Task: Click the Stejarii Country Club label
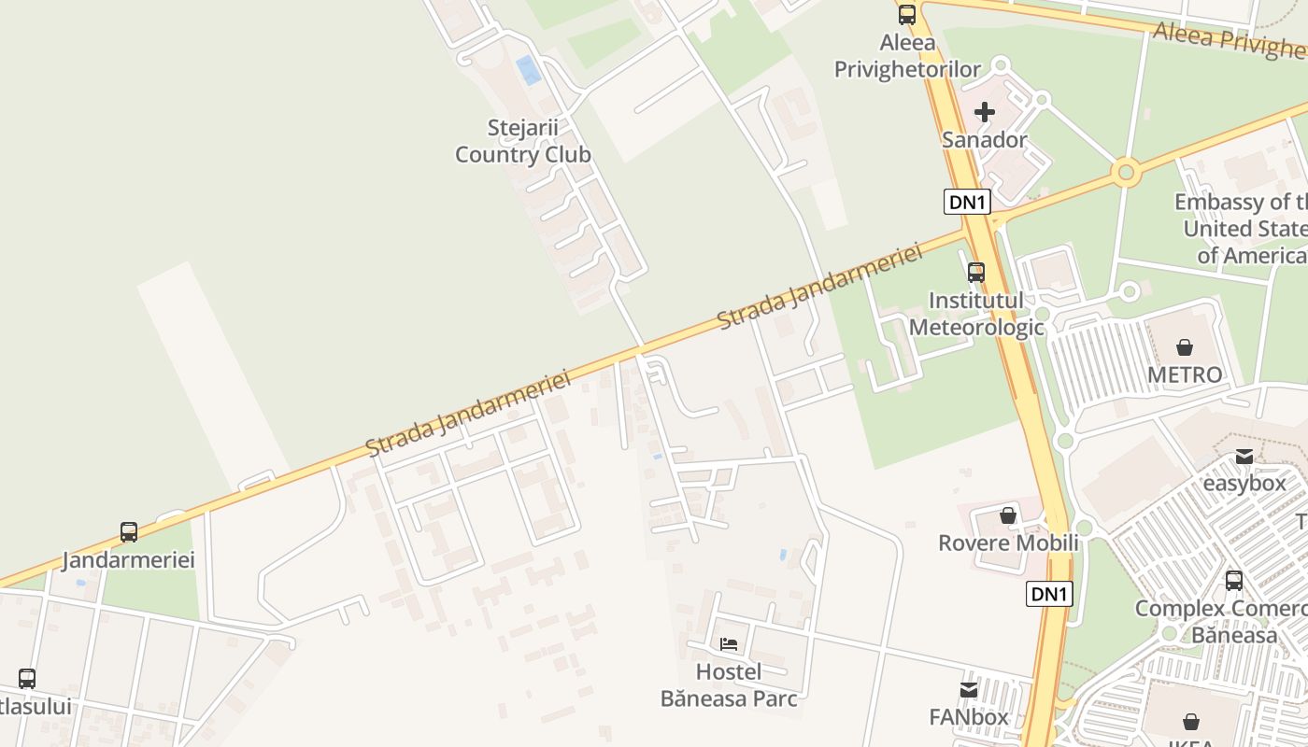522,141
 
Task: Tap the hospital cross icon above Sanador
984,113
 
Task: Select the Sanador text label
984,140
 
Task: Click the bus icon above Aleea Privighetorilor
906,15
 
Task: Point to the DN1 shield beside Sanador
966,202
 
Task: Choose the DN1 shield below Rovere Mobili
1049,594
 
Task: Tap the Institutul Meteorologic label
976,314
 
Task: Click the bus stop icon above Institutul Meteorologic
975,273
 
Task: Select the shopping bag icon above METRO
1184,347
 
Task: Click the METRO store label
1185,374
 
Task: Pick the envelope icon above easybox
1244,457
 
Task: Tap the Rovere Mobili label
1008,543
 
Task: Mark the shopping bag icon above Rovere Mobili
1007,515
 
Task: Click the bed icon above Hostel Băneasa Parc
729,644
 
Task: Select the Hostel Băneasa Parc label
729,684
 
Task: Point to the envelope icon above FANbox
969,690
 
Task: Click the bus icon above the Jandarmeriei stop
129,532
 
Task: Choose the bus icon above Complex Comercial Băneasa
1233,581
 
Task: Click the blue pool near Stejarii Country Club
529,70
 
